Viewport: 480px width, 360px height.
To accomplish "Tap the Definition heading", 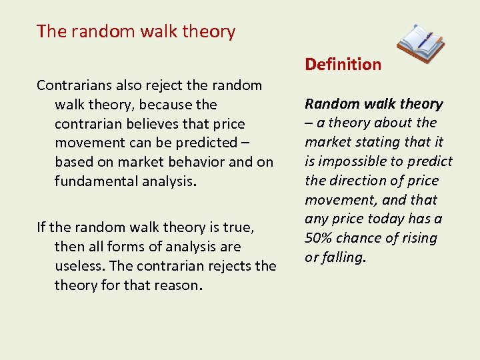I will click(x=343, y=65).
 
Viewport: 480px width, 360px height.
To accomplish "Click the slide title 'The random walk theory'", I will click(x=136, y=31).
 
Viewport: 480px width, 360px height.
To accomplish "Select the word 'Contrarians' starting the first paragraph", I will click(x=74, y=85).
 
